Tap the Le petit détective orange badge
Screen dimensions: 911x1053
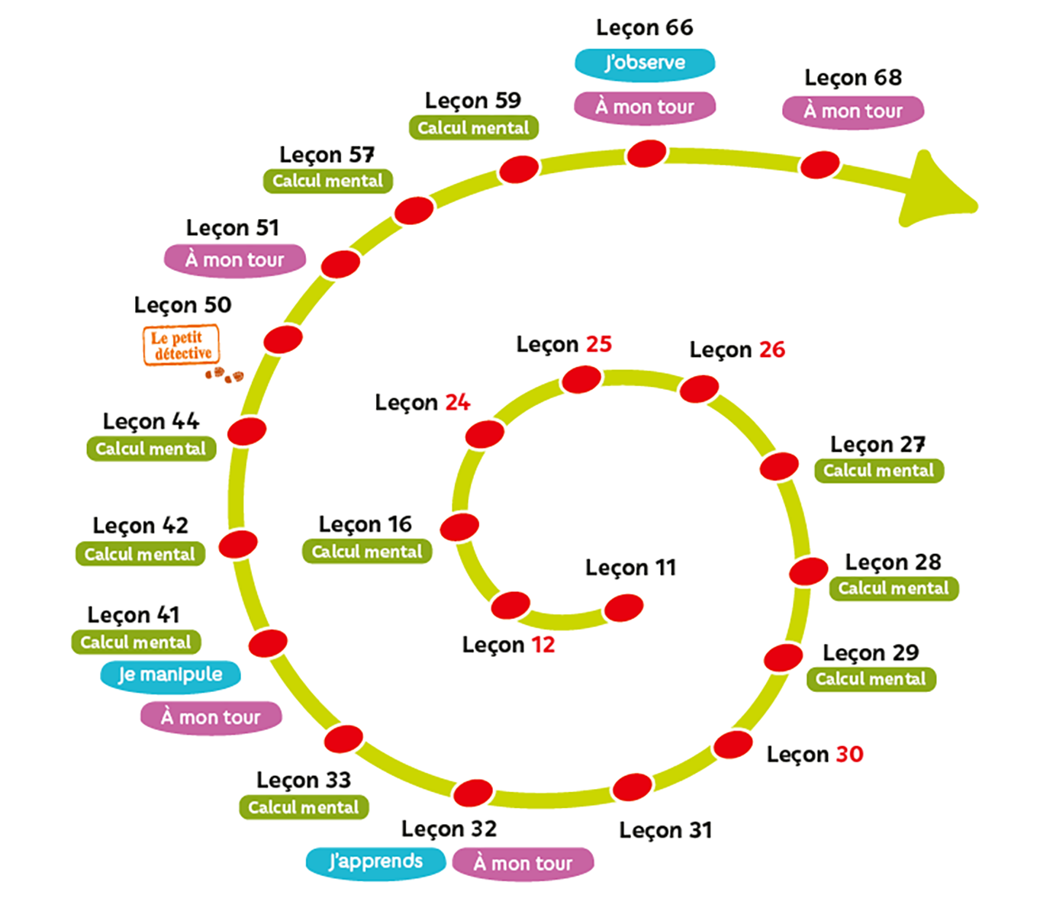pos(182,345)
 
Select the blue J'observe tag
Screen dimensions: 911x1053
pos(645,63)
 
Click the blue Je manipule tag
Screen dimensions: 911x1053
pos(170,674)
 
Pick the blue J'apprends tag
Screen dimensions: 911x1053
pos(375,861)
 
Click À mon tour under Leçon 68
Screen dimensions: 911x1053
pos(853,111)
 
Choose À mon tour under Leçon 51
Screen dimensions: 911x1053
pos(235,260)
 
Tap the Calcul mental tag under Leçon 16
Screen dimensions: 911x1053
pos(367,552)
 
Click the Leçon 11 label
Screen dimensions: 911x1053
pos(631,568)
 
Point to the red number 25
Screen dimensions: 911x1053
pos(599,344)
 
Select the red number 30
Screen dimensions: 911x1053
pos(849,754)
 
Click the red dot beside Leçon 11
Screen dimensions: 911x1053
pos(623,608)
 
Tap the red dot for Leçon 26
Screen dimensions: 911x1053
pos(699,389)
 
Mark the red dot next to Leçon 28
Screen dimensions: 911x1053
pos(809,571)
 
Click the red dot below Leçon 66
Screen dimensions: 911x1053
pos(646,153)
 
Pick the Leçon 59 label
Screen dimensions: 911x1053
pos(473,101)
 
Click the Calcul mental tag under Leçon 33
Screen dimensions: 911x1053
pos(304,807)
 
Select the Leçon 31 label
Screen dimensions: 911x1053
pos(665,830)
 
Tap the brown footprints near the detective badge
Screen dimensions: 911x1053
pos(224,375)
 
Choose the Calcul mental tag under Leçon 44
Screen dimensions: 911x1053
pos(151,449)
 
